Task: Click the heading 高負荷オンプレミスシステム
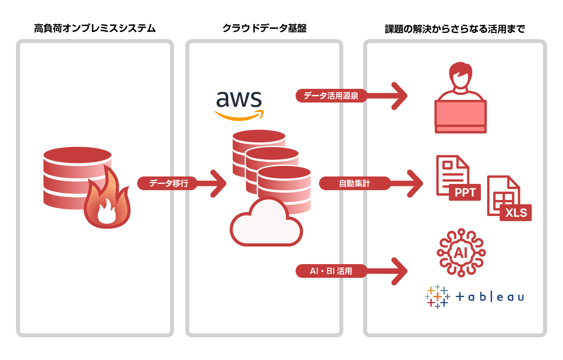point(95,29)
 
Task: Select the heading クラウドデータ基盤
point(264,28)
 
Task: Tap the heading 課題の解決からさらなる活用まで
point(455,29)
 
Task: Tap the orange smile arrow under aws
point(239,116)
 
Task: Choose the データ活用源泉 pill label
point(331,95)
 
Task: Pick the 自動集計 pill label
point(354,183)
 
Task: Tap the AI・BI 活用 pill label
point(331,271)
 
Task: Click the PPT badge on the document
point(465,193)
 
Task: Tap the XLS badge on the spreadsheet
point(516,213)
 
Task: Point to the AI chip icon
point(461,253)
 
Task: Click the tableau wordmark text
point(489,297)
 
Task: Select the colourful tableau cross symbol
point(437,297)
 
